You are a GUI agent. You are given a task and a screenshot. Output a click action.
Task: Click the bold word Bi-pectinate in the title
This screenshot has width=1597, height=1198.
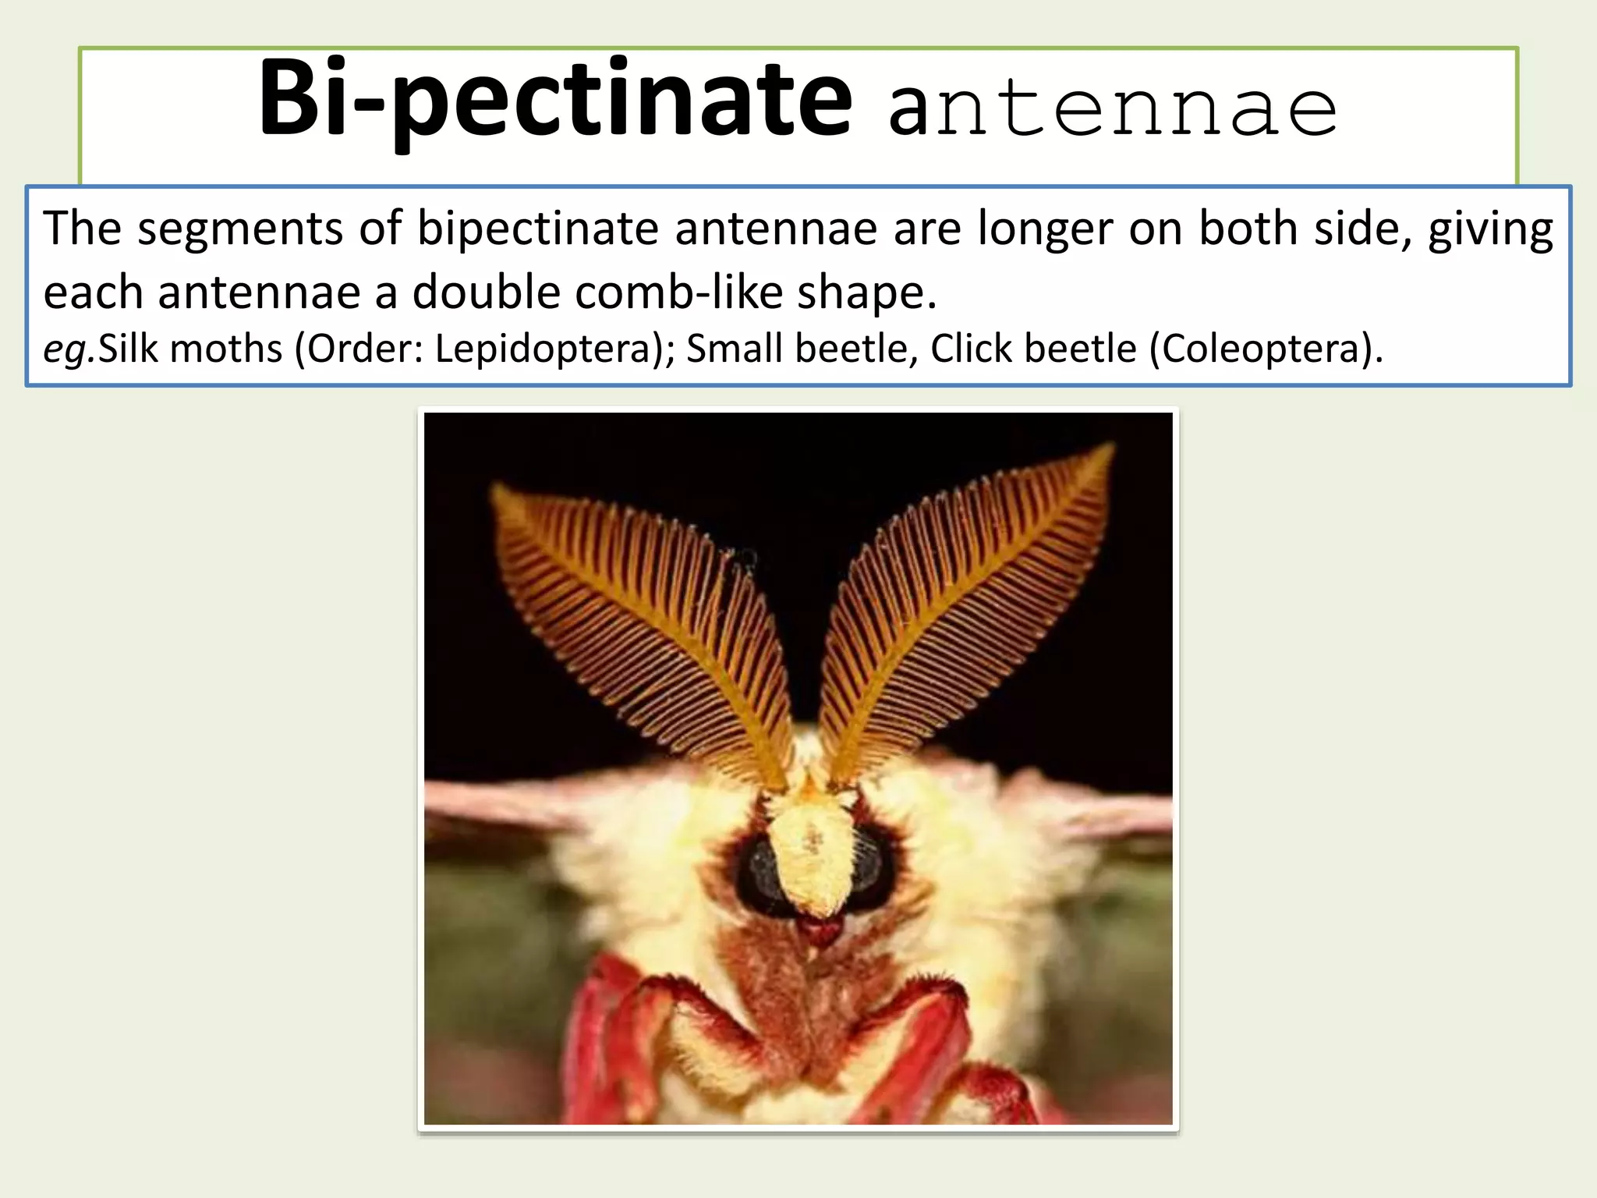click(555, 101)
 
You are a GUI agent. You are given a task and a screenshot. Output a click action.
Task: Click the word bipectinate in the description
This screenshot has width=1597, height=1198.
click(538, 229)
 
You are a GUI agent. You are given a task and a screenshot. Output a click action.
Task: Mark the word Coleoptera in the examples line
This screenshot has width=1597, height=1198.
click(1260, 349)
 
